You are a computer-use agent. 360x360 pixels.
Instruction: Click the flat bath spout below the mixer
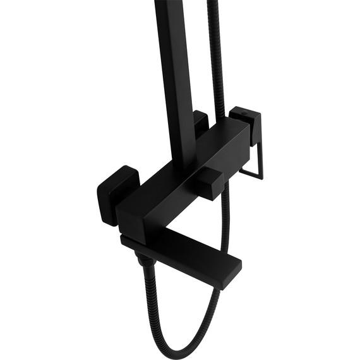(x=189, y=259)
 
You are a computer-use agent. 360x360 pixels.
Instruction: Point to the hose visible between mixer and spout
(x=225, y=215)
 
